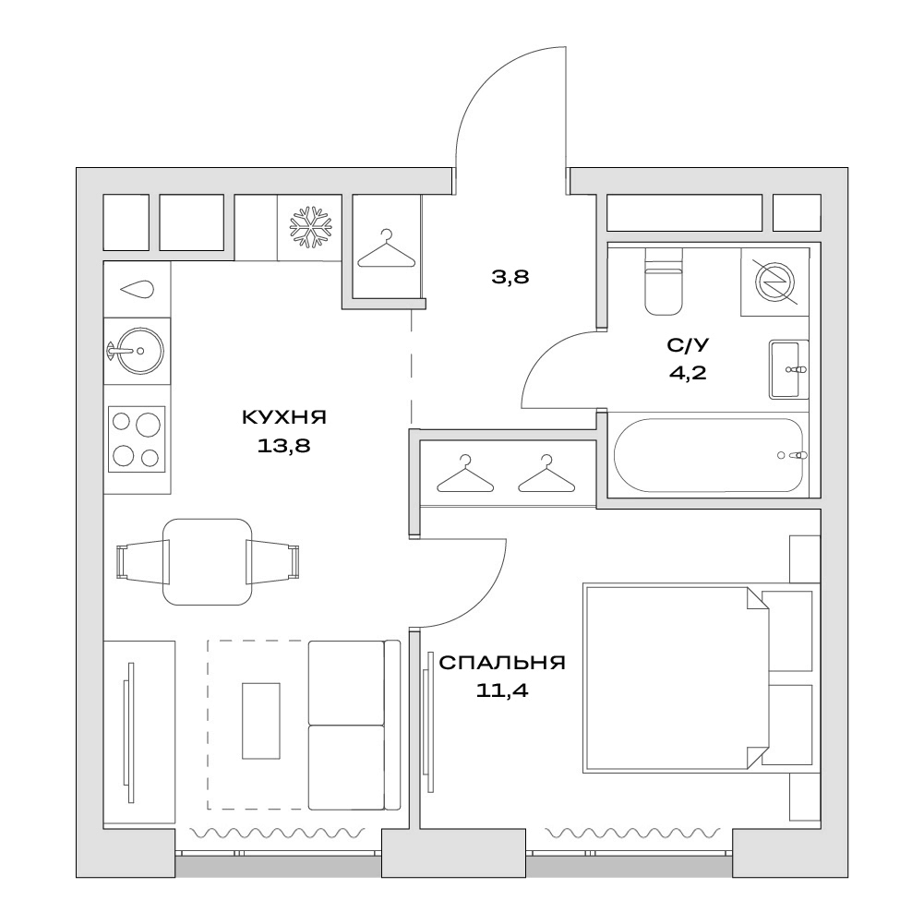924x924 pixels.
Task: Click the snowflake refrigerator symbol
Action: (x=310, y=227)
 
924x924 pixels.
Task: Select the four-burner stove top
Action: (x=136, y=439)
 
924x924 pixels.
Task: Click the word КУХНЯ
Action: (x=284, y=418)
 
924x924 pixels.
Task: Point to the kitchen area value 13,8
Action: (x=283, y=446)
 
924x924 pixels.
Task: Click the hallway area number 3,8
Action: (x=510, y=276)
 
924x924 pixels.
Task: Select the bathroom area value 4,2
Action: (x=687, y=373)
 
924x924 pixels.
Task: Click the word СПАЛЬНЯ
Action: (x=502, y=663)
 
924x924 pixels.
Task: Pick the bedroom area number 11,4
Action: (x=502, y=690)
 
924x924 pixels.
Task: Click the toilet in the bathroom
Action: (x=664, y=282)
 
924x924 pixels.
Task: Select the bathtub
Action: (x=708, y=455)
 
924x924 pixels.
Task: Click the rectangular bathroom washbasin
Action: (x=788, y=369)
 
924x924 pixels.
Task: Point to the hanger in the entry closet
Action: (x=386, y=248)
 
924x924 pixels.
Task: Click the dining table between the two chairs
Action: (x=207, y=561)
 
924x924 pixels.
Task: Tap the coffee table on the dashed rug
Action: (x=260, y=720)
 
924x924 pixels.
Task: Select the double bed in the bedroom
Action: (x=676, y=678)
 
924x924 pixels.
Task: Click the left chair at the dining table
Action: (x=143, y=560)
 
